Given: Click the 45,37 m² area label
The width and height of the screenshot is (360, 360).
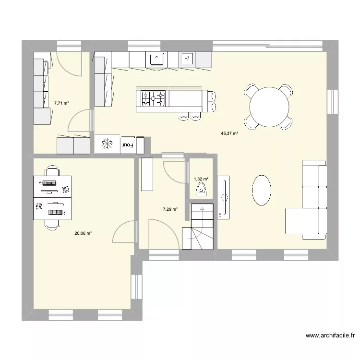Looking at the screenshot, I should point(229,134).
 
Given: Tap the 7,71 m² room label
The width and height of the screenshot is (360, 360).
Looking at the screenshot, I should point(61,103).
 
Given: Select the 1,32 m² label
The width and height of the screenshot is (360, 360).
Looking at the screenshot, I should point(201,179).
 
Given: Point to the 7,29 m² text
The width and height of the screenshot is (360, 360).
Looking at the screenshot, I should point(170,209).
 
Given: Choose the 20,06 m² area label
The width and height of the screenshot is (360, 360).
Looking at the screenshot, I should point(83,234).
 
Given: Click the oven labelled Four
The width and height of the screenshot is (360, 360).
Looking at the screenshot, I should point(128,144).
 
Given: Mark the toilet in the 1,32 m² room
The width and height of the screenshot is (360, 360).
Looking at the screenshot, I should point(201,191).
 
